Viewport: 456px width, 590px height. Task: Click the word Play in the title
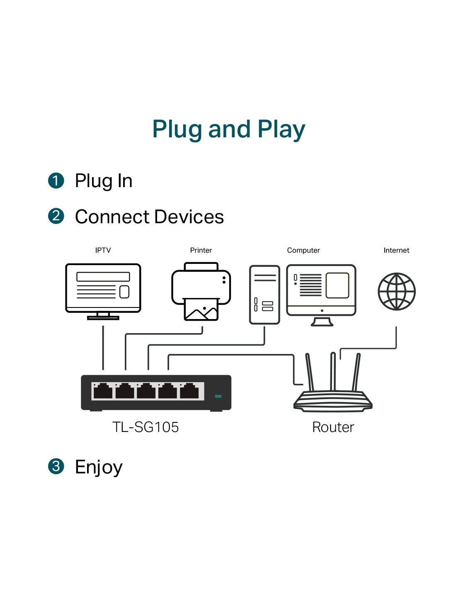click(281, 129)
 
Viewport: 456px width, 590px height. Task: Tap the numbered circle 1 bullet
click(56, 181)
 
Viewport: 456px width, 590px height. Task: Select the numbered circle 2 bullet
click(56, 216)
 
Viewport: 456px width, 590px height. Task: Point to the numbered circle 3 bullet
click(56, 466)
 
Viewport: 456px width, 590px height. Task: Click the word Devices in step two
click(189, 217)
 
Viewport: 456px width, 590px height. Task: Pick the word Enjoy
click(99, 467)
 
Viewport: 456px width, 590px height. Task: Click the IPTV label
click(103, 250)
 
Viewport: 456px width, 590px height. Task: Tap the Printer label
click(201, 250)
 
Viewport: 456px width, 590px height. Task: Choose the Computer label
click(303, 250)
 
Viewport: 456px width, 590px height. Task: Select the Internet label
click(396, 250)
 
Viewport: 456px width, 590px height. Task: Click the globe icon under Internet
click(396, 291)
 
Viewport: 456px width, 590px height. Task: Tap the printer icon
click(201, 291)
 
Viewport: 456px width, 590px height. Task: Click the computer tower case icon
click(264, 295)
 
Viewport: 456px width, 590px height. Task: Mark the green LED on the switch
click(218, 396)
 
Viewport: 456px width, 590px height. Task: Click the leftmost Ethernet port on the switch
click(103, 391)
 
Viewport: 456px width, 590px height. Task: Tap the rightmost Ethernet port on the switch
click(189, 391)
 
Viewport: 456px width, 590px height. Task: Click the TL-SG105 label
click(146, 427)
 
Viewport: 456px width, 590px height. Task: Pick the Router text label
click(333, 427)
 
